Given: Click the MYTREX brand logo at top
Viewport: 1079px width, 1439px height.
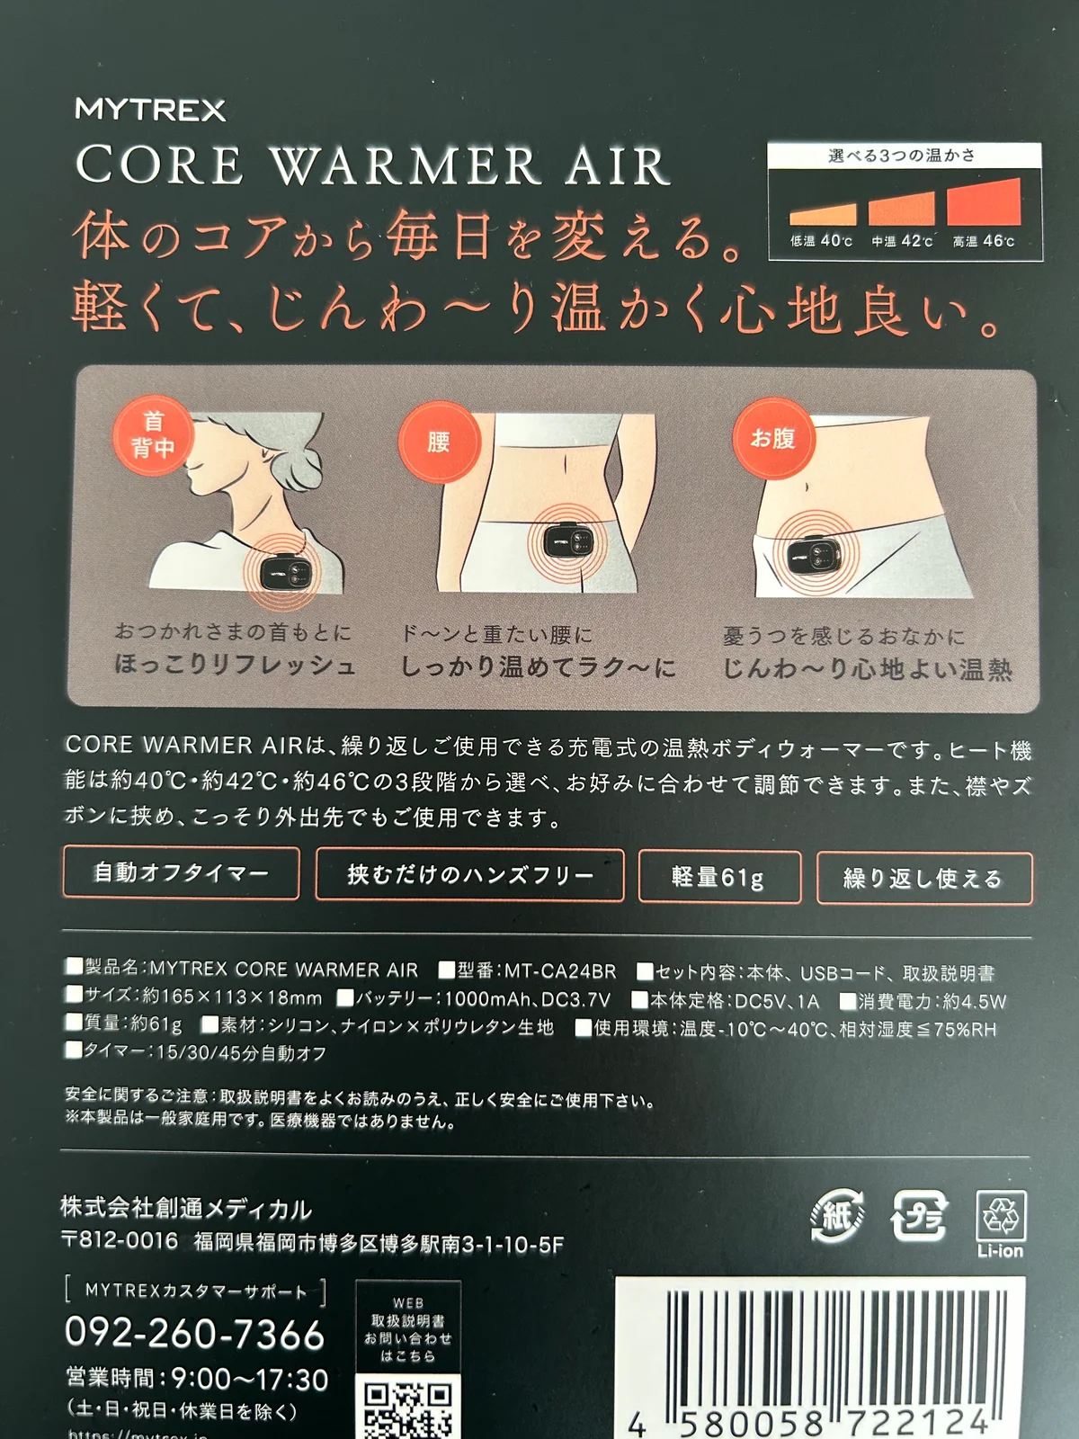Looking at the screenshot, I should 150,110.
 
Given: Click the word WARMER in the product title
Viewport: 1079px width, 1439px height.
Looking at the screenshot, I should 406,165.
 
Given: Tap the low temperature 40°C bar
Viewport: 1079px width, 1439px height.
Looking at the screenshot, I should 822,214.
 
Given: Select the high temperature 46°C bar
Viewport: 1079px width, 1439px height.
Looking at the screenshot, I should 984,201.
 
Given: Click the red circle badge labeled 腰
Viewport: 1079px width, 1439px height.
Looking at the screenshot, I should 439,442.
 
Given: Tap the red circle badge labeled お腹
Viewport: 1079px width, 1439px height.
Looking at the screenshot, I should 772,438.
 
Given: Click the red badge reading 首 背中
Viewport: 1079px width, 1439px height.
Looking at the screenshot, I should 153,435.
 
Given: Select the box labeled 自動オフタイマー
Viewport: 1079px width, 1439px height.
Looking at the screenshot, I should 181,872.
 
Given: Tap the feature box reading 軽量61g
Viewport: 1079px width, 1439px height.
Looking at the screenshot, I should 718,876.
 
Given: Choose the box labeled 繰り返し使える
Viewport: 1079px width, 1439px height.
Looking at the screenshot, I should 923,878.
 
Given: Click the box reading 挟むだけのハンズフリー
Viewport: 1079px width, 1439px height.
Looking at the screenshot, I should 469,874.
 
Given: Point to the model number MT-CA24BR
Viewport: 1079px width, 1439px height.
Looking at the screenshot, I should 559,971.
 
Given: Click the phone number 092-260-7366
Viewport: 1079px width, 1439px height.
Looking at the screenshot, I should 194,1333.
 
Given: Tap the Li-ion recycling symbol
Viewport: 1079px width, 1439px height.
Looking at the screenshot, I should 1000,1223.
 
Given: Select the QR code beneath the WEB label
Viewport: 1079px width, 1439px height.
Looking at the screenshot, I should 407,1408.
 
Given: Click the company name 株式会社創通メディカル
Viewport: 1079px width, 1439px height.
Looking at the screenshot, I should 186,1208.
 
